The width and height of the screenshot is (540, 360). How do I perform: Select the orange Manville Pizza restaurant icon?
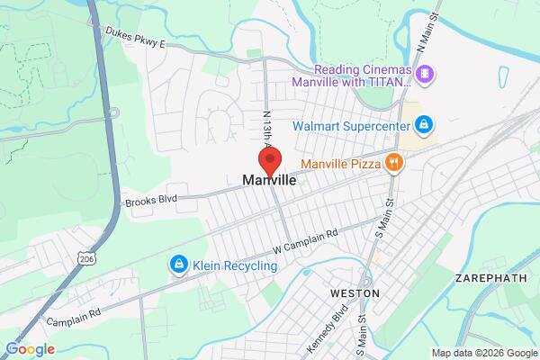[392, 162]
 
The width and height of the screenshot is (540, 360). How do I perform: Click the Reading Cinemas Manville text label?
[360, 78]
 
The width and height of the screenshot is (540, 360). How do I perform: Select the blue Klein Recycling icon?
[178, 264]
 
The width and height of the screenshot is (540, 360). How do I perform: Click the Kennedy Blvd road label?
[339, 319]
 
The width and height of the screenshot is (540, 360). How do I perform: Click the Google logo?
[30, 349]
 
